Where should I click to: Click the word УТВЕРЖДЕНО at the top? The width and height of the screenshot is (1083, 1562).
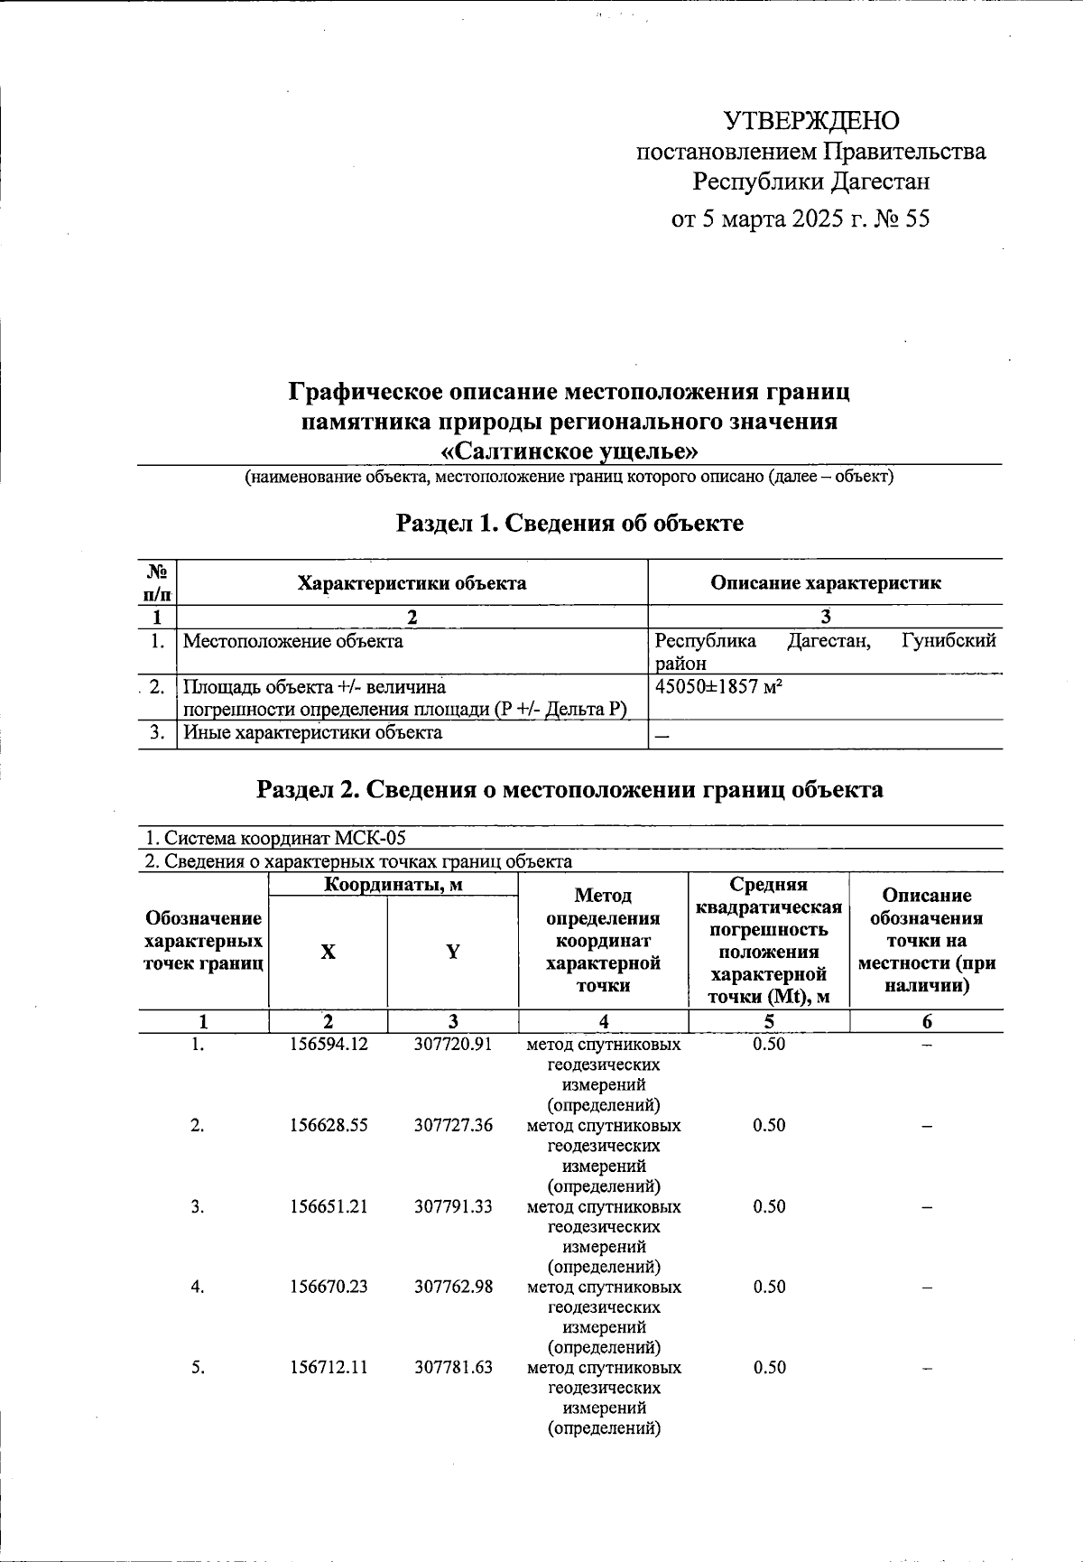(811, 121)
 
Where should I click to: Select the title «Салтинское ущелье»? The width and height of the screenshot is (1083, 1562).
(569, 451)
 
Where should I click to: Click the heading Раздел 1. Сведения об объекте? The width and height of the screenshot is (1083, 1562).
(569, 523)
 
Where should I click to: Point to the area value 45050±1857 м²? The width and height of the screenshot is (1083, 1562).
(718, 687)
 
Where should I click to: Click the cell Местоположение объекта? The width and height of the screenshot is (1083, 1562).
(293, 642)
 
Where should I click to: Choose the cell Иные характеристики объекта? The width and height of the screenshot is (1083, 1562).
(313, 733)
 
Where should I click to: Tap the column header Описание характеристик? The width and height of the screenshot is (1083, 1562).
(825, 583)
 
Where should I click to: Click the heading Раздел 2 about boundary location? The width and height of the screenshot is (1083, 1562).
(569, 790)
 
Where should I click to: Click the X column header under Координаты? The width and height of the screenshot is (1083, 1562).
(328, 953)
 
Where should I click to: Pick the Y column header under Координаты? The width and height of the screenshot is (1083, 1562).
(453, 953)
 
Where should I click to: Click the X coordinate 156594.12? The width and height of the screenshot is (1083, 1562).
(329, 1045)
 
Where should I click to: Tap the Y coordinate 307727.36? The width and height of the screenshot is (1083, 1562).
(453, 1126)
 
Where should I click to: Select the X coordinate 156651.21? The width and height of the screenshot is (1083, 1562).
(329, 1207)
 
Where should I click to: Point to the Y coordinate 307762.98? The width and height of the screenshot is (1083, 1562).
(453, 1288)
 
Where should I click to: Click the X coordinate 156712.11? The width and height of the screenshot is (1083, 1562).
(329, 1368)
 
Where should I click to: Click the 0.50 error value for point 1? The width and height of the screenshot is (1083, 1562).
(769, 1045)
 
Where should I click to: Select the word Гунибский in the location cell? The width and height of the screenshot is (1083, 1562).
(948, 642)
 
